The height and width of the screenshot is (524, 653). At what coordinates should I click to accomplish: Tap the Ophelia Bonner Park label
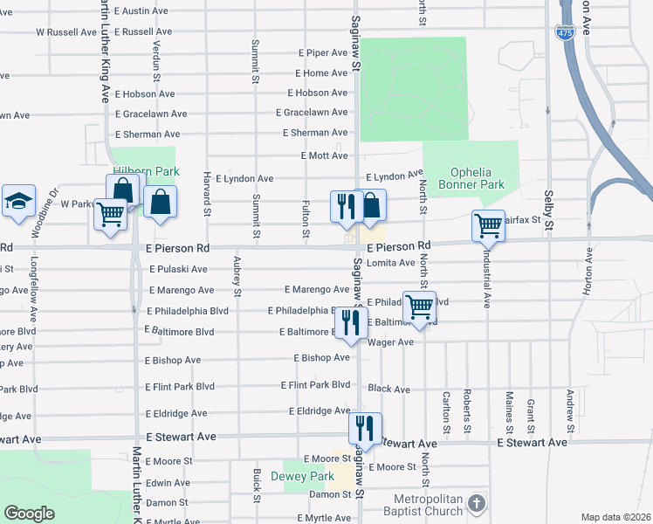coord(477,178)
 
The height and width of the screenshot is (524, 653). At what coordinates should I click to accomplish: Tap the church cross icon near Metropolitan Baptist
coord(476,503)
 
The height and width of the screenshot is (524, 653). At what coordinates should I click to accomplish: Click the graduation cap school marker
coord(18,201)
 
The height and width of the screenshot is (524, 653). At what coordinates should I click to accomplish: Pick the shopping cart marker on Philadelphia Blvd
coord(420,307)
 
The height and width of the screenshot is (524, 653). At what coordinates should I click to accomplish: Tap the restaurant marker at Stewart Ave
coord(365,427)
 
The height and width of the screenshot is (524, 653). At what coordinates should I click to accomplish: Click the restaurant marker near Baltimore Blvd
coord(351,322)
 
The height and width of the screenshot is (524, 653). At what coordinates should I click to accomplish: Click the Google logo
coord(30,514)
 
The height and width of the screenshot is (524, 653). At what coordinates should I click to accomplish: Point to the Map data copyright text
coord(616,517)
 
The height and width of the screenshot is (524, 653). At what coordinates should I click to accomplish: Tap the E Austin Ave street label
coord(141,10)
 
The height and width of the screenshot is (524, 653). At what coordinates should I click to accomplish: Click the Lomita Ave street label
coord(390,262)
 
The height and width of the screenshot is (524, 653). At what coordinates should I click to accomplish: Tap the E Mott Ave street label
coord(324,155)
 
